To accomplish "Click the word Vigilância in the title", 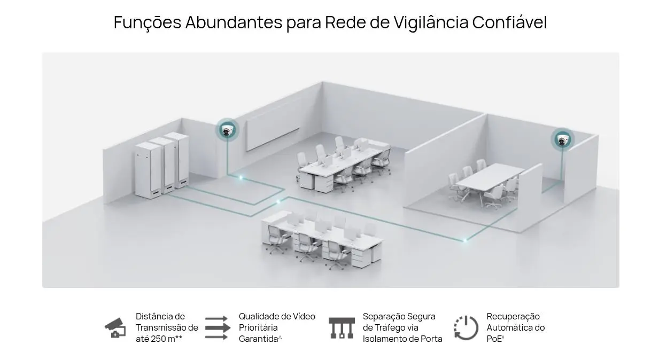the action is (x=431, y=22).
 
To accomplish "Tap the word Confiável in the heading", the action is (x=509, y=22).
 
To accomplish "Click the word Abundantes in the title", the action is (x=234, y=22).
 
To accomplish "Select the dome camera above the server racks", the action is (x=227, y=131).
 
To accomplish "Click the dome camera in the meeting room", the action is (x=562, y=140).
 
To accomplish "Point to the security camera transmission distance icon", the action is (x=115, y=328).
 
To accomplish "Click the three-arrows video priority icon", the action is (x=218, y=327).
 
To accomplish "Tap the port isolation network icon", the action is (x=342, y=328).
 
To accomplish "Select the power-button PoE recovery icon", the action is (x=466, y=328).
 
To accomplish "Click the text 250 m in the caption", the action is (x=163, y=339).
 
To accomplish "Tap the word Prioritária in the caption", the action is (x=258, y=327).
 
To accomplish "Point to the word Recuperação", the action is (x=513, y=317).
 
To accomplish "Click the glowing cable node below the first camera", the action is (x=241, y=177).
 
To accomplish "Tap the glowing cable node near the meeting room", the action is (x=464, y=240).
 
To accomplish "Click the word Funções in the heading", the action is (x=148, y=22).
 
